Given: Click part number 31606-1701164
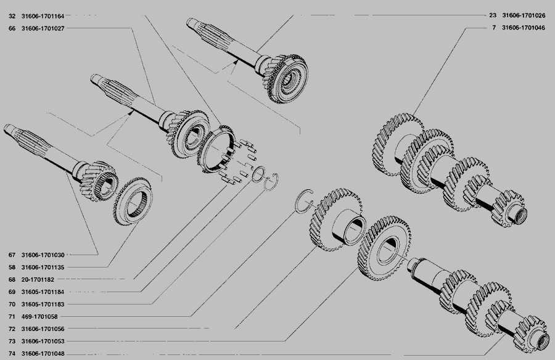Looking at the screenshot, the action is point(43,16).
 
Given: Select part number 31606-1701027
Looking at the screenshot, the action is point(43,28).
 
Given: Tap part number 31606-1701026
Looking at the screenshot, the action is point(524,15).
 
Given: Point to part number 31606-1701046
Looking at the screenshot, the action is point(524,28).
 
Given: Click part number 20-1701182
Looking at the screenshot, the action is point(38,280).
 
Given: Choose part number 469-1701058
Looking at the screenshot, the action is point(39,317).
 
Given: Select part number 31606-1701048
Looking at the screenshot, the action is point(43,354).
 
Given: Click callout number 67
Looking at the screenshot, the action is point(12,255).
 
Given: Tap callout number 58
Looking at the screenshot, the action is point(12,268).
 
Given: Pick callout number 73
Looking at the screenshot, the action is point(12,342).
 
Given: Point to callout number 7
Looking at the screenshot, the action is point(494,28).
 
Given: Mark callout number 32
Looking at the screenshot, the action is point(12,16).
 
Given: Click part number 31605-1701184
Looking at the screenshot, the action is point(43,292).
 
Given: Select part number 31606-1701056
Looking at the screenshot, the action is point(43,329).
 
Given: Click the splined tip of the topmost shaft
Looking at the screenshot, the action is point(191,23).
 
